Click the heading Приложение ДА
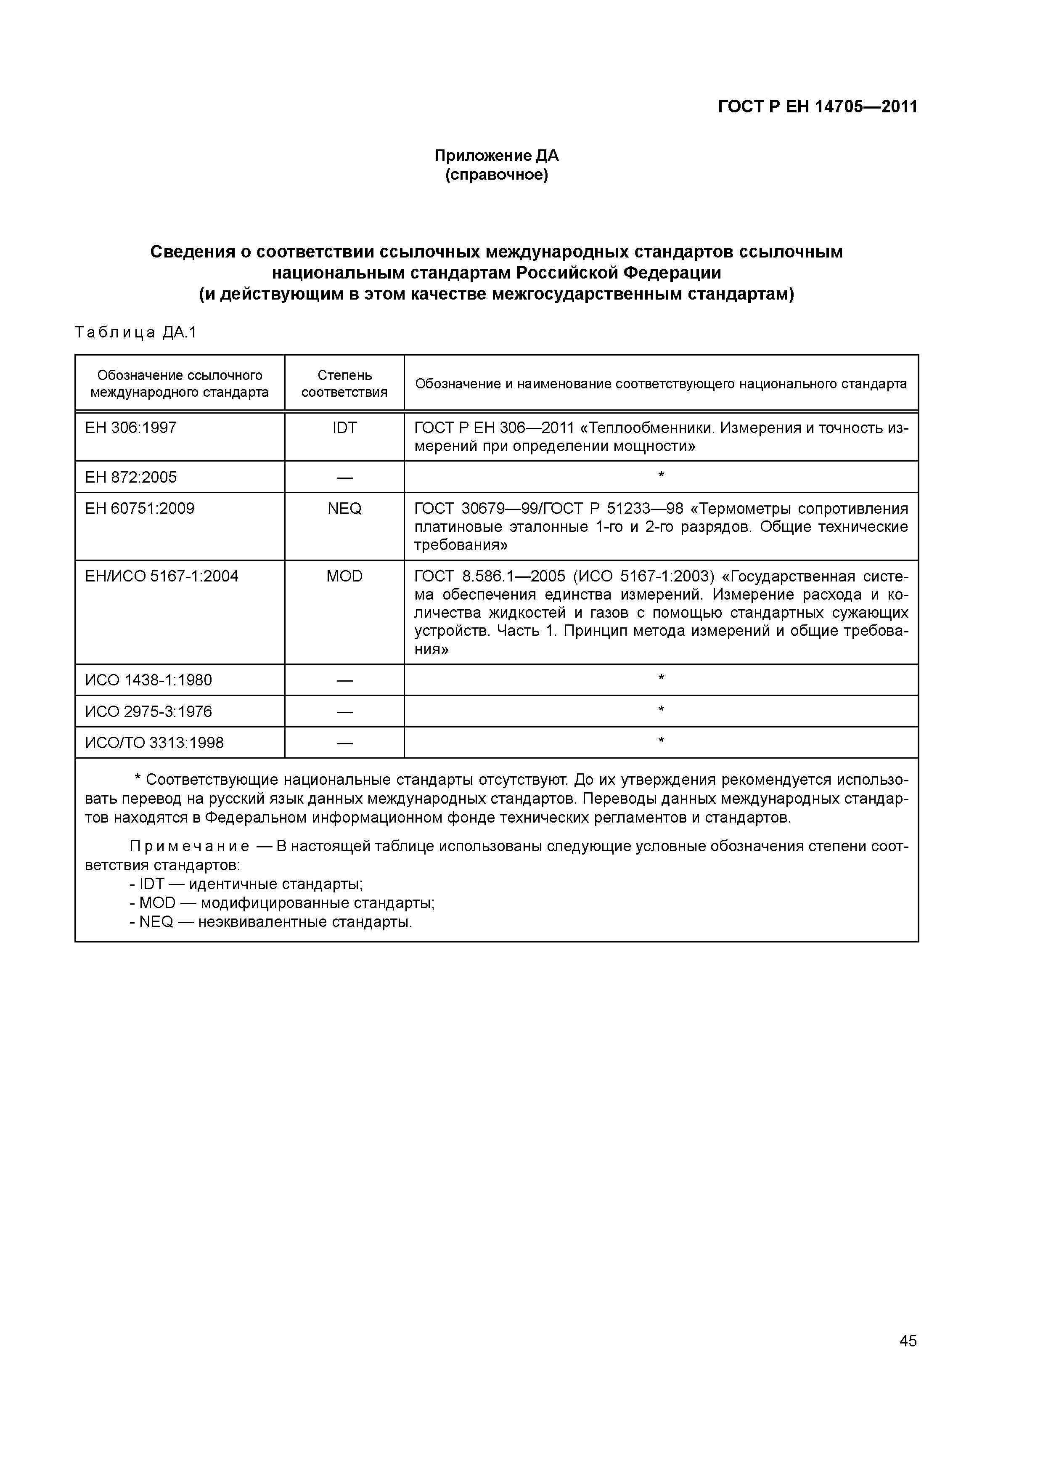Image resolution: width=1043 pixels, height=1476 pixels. pyautogui.click(x=496, y=156)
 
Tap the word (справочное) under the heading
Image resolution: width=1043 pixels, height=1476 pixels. pyautogui.click(x=496, y=175)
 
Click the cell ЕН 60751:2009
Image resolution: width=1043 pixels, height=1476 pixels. pyautogui.click(x=140, y=509)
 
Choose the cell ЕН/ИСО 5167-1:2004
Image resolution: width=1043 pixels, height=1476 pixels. pyautogui.click(x=161, y=576)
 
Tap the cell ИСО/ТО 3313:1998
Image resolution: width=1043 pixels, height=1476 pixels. pyautogui.click(x=154, y=743)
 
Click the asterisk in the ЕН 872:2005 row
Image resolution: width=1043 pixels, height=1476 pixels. pyautogui.click(x=661, y=476)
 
